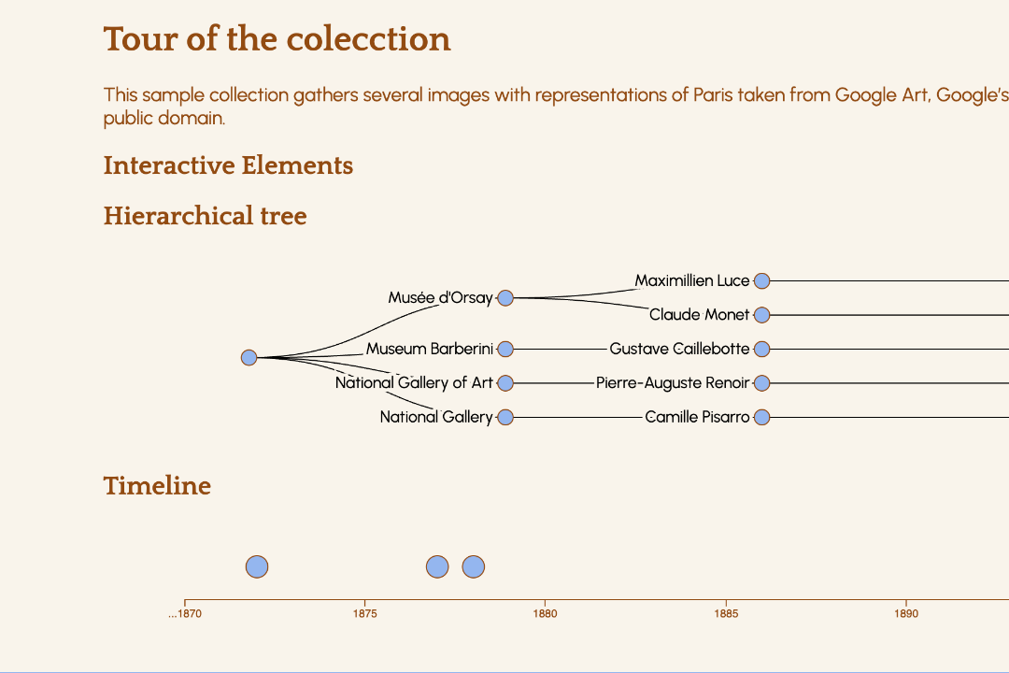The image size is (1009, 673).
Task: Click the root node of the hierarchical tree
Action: [249, 357]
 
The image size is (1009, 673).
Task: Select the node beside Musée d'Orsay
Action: [505, 298]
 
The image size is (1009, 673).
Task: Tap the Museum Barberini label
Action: [429, 349]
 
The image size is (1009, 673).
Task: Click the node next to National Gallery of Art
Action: [505, 383]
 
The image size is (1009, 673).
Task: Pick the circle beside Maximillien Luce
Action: [762, 280]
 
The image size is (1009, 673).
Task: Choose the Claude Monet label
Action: [700, 315]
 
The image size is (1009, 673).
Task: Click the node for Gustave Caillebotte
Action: [762, 349]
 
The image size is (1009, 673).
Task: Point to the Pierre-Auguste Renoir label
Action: [673, 383]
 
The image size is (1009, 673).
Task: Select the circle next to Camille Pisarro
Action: [762, 417]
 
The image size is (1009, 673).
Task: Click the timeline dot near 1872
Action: [257, 566]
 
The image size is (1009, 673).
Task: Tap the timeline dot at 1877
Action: [437, 566]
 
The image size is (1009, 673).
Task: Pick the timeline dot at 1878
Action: [474, 566]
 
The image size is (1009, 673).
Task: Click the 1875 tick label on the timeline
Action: [365, 614]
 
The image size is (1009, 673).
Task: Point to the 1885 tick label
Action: [726, 614]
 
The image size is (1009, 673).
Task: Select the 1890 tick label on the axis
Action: [906, 614]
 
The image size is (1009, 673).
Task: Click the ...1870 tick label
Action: [185, 614]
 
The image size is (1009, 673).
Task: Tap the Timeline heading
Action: [157, 486]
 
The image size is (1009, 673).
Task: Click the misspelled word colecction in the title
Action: [369, 39]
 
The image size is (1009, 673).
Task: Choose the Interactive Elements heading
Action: [229, 165]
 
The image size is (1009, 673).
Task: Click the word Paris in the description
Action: [713, 94]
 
